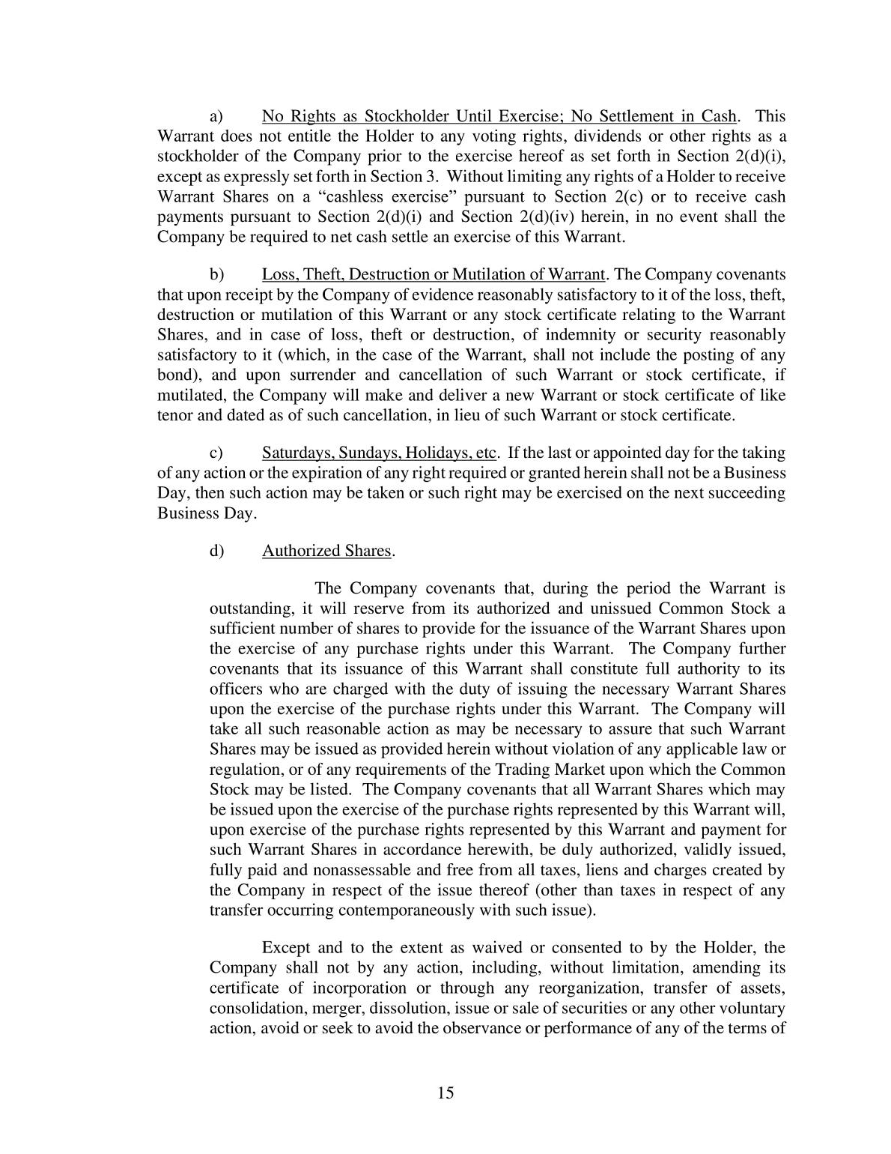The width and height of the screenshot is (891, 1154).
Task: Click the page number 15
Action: (445, 1093)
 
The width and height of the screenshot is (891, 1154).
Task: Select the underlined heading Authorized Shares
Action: (326, 551)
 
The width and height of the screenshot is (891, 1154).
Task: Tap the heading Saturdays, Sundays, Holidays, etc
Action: (379, 453)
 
